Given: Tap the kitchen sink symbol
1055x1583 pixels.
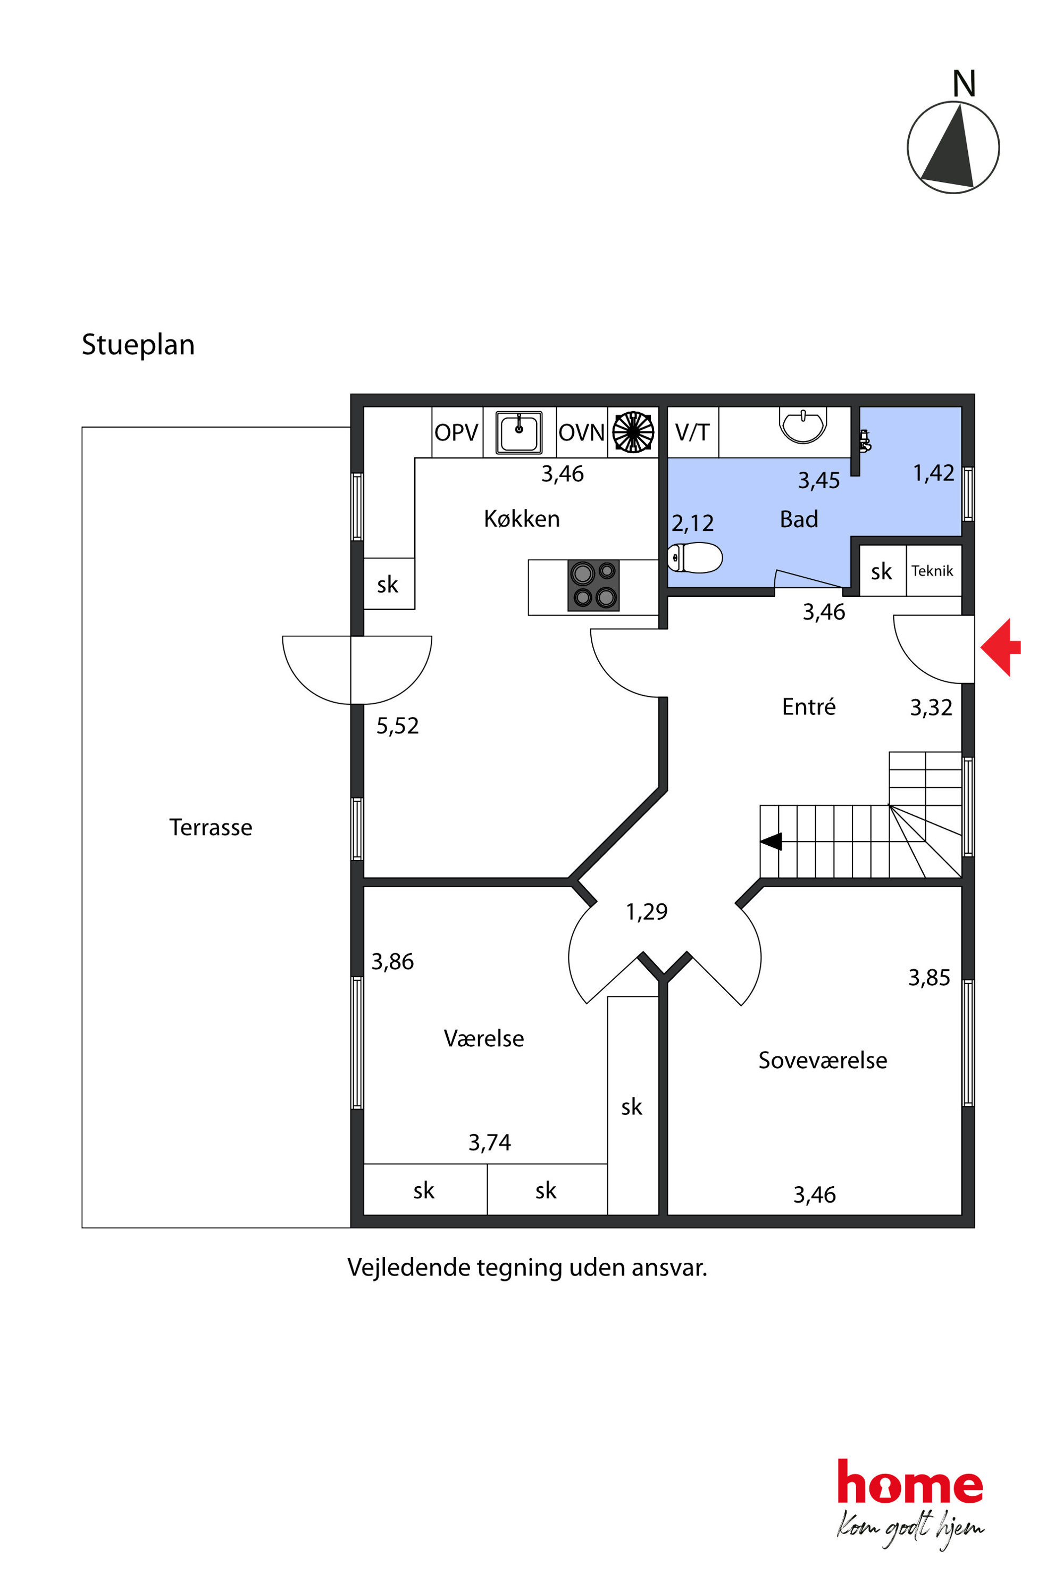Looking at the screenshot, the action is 519,432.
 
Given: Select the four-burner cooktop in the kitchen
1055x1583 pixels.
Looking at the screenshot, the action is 593,585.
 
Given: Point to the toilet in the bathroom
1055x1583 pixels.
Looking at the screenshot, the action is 694,557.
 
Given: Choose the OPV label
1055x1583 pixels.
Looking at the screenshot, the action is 456,432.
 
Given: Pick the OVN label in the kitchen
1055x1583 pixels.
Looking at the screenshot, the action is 581,432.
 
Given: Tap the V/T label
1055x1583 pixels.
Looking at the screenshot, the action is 692,432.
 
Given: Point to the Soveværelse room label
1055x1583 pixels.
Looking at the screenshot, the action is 822,1060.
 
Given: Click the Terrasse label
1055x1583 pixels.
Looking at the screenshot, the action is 211,827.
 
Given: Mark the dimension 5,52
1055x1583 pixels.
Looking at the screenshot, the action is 397,726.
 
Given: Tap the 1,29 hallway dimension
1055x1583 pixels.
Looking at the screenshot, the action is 647,911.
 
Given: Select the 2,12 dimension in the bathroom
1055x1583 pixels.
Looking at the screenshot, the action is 692,523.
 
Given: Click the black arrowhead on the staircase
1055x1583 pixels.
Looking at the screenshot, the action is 771,842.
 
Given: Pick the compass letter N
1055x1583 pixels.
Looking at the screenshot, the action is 964,84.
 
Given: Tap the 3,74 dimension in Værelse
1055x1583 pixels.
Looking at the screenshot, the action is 489,1142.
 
